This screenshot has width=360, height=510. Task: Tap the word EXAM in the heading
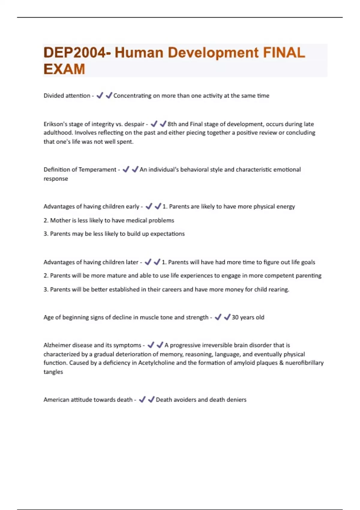64,69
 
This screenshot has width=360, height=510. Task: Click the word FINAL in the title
284,53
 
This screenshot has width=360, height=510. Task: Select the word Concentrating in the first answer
132,96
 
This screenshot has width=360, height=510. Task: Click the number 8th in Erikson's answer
172,124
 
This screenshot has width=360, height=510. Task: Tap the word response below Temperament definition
56,179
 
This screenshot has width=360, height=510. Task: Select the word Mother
59,220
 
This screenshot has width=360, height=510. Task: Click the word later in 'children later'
132,262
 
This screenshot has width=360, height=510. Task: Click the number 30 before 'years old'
235,317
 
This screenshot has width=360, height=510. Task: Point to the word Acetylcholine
156,363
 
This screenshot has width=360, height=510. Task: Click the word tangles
53,372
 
